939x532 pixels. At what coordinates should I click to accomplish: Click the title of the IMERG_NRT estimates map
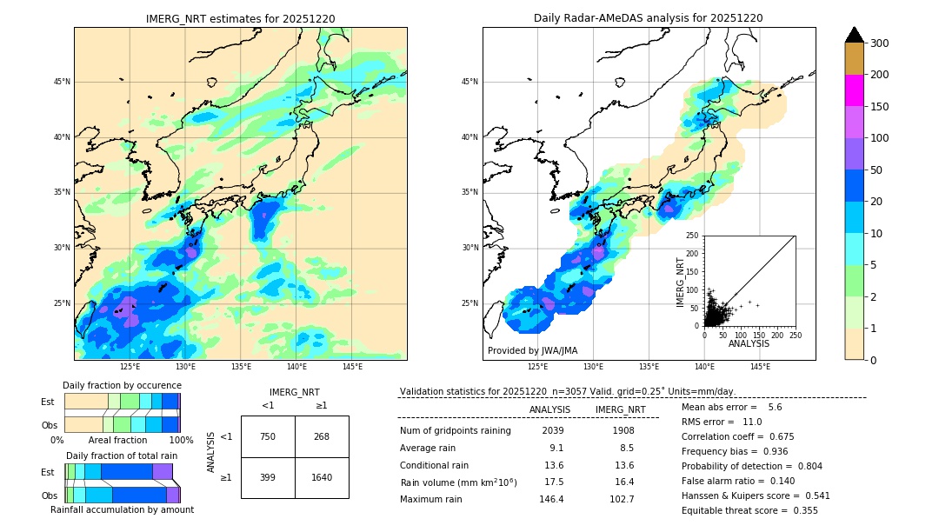pyautogui.click(x=240, y=18)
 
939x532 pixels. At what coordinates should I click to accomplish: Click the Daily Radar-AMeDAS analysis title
pyautogui.click(x=649, y=18)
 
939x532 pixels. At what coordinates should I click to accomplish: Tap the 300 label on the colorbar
pyautogui.click(x=880, y=43)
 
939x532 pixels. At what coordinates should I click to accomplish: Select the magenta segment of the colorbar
pyautogui.click(x=855, y=90)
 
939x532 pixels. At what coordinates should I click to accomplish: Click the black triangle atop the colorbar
pyautogui.click(x=855, y=35)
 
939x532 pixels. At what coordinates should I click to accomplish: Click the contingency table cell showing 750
pyautogui.click(x=268, y=436)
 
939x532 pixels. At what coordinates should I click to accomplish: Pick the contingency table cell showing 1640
pyautogui.click(x=322, y=477)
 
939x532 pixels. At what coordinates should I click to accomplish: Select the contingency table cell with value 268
pyautogui.click(x=322, y=436)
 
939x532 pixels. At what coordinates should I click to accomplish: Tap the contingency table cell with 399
pyautogui.click(x=268, y=477)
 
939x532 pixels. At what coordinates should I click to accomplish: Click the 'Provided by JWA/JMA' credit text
pyautogui.click(x=532, y=351)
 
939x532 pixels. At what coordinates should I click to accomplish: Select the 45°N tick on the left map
pyautogui.click(x=62, y=82)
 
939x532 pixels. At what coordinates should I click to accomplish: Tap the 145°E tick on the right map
pyautogui.click(x=760, y=367)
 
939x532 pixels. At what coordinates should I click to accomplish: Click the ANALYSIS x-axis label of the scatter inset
pyautogui.click(x=749, y=343)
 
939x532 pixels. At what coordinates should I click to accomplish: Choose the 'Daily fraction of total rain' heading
pyautogui.click(x=122, y=456)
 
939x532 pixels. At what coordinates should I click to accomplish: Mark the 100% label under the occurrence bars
pyautogui.click(x=181, y=440)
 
